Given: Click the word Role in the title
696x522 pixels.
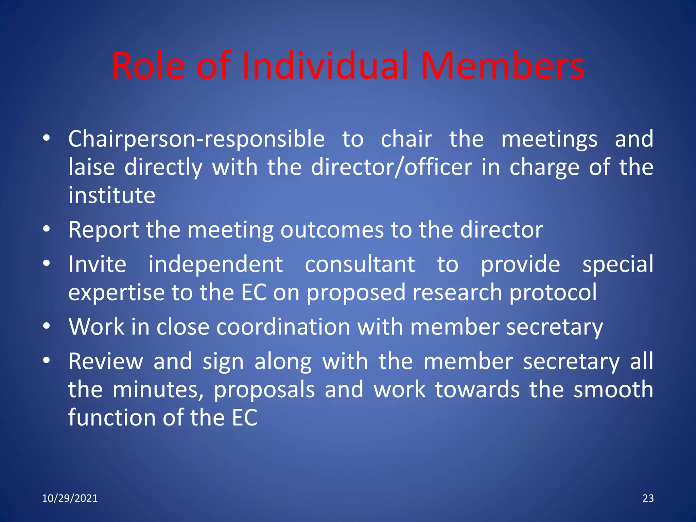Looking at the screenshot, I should [x=148, y=66].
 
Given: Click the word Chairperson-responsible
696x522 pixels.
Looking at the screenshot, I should [x=196, y=139].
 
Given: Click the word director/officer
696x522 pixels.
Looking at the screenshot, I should [x=391, y=167].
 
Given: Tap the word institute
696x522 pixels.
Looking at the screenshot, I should [x=112, y=195].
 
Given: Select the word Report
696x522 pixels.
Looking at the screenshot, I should [x=104, y=230].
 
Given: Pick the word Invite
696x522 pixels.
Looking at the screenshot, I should [x=98, y=264].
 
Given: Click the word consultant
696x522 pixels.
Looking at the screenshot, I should [x=360, y=264].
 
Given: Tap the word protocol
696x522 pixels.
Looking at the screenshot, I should [x=553, y=293].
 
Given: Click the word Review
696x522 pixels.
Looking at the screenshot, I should [x=106, y=361].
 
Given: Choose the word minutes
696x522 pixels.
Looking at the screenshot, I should [x=158, y=389].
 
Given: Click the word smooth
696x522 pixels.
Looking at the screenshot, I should [x=613, y=389].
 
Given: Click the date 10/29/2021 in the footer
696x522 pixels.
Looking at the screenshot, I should [x=70, y=498].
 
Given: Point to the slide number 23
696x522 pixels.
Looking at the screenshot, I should [x=648, y=498].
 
